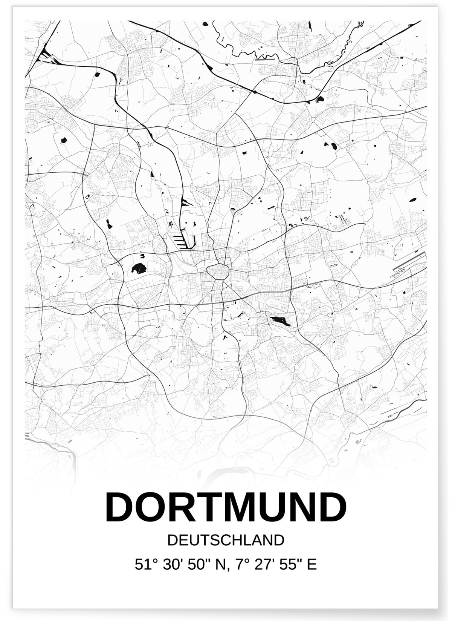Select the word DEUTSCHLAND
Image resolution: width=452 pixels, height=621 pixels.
coord(226,540)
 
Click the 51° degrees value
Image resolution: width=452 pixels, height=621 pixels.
coord(145,564)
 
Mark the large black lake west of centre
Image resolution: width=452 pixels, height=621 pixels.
coord(139,268)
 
